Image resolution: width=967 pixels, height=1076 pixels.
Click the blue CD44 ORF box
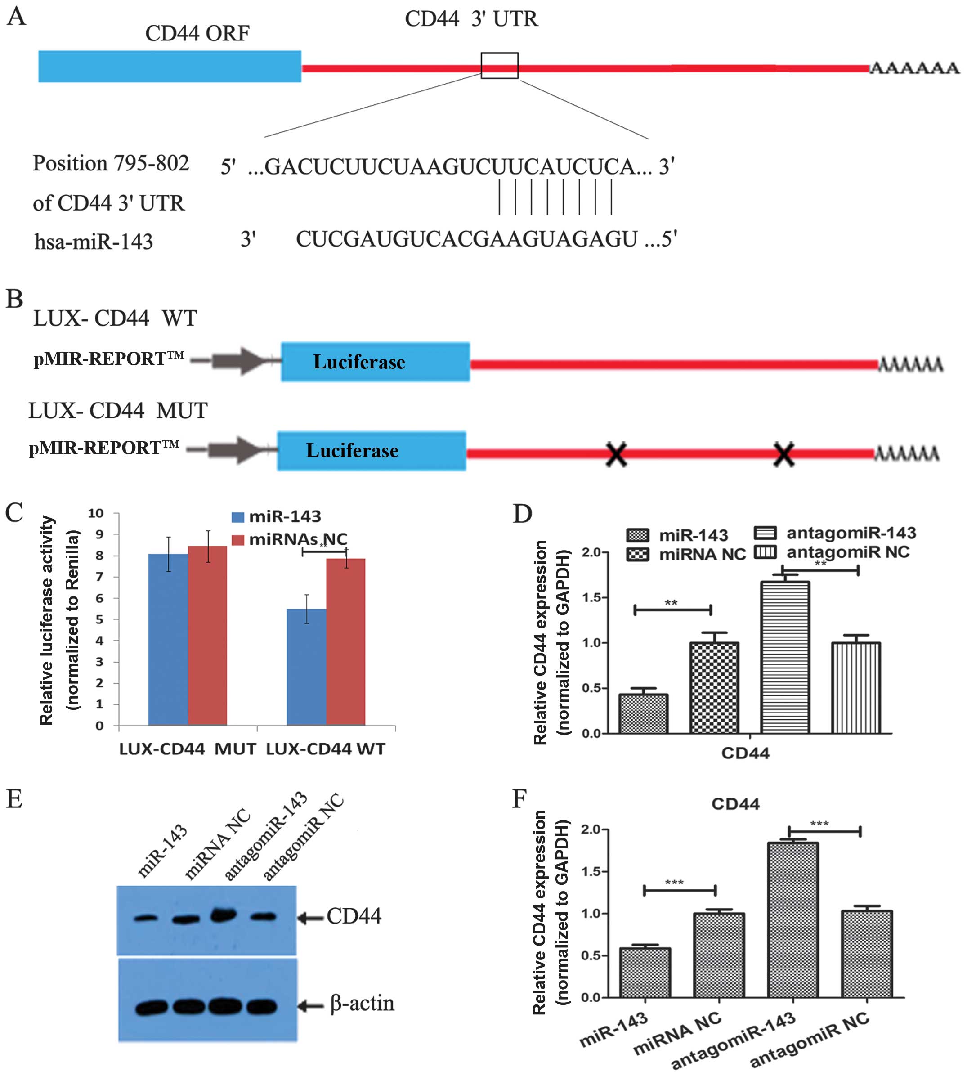[170, 67]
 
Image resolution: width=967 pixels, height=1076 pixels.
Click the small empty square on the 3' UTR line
[499, 65]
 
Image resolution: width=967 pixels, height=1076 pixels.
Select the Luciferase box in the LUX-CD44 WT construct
[375, 362]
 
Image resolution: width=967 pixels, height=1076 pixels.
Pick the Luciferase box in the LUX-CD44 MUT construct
[372, 451]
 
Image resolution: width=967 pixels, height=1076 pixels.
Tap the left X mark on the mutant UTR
[616, 455]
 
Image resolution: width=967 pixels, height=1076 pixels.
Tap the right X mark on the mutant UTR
[783, 455]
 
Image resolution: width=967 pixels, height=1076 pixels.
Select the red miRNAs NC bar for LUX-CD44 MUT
[207, 635]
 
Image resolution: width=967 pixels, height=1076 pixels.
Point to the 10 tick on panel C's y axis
[96, 513]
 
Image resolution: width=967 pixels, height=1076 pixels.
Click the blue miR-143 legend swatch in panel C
[237, 517]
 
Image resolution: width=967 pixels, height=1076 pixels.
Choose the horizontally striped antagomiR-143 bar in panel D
[785, 657]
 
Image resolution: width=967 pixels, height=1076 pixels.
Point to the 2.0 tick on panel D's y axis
[591, 552]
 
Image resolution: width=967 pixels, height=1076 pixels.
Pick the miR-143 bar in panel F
[645, 973]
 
